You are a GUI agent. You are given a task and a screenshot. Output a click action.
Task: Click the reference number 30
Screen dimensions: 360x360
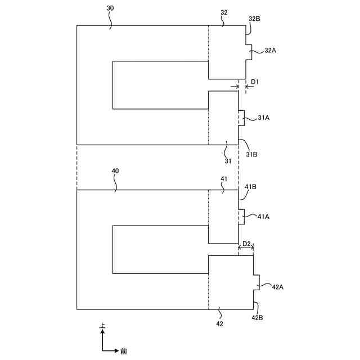tap(110, 9)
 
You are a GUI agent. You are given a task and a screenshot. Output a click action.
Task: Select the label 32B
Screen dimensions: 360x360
tap(254, 19)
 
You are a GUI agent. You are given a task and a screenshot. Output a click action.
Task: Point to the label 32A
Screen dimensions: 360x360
tap(270, 50)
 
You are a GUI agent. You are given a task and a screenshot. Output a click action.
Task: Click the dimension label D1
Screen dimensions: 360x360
tap(254, 82)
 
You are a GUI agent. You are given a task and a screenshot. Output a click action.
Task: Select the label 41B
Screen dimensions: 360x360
tap(251, 187)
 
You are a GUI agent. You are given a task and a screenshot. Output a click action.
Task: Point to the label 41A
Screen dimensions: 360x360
tap(264, 215)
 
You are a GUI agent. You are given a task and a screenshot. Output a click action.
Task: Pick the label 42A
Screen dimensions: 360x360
tap(277, 287)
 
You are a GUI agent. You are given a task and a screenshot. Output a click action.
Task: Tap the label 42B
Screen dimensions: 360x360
tap(257, 318)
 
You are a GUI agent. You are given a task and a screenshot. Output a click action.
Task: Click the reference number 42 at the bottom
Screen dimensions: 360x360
tap(219, 324)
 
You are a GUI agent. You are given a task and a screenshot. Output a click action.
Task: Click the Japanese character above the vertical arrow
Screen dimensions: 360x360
tap(102, 326)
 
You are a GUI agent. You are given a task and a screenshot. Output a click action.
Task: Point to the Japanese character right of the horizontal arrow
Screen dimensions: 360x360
tap(123, 351)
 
